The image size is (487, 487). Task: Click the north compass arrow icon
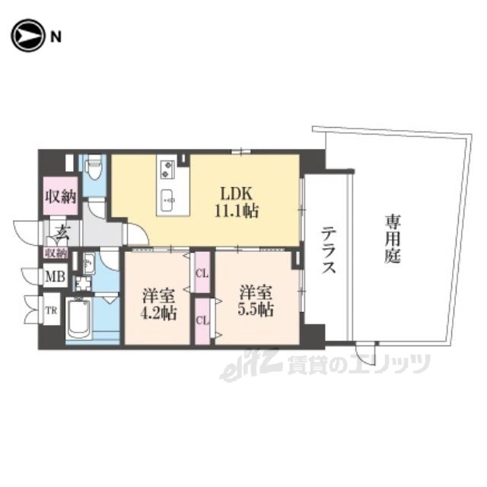pyautogui.click(x=27, y=35)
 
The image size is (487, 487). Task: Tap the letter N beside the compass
pyautogui.click(x=56, y=37)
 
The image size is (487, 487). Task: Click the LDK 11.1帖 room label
pyautogui.click(x=236, y=202)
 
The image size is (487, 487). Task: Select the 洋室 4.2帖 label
pyautogui.click(x=159, y=304)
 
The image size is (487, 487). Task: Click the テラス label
pyautogui.click(x=328, y=250)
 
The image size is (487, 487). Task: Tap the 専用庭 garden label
pyautogui.click(x=393, y=239)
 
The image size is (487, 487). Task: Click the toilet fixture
pyautogui.click(x=93, y=169)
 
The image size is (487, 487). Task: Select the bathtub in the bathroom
pyautogui.click(x=79, y=318)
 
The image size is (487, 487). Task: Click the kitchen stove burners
pyautogui.click(x=167, y=169)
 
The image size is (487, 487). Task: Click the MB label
pyautogui.click(x=56, y=275)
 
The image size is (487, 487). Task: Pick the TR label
pyautogui.click(x=52, y=310)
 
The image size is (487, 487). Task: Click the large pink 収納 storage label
pyautogui.click(x=61, y=196)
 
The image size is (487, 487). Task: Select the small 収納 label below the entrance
pyautogui.click(x=56, y=253)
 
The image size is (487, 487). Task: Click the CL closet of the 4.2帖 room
pyautogui.click(x=202, y=274)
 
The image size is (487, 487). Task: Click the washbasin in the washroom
pyautogui.click(x=89, y=264)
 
